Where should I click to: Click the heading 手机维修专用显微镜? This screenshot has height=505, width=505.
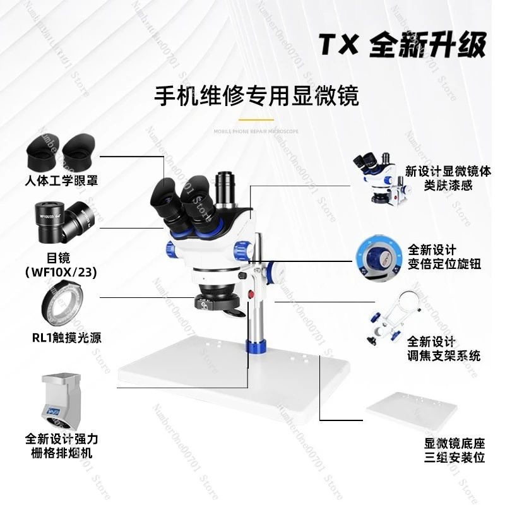point(256,96)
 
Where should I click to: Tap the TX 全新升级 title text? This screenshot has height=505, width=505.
point(403,45)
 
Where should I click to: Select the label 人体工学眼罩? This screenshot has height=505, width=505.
point(61,181)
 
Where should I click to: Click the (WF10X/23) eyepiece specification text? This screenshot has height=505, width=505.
point(62,271)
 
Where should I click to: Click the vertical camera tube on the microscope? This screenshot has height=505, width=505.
point(224,189)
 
